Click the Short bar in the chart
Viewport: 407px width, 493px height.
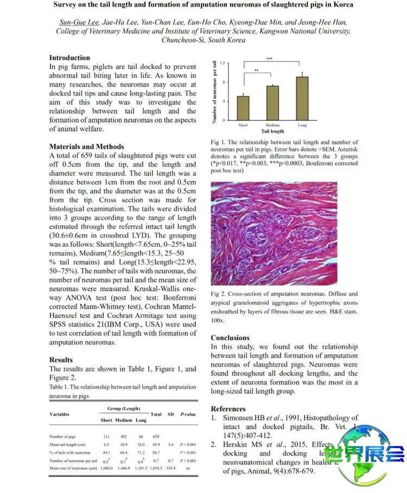[243, 108]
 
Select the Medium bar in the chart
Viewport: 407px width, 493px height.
[272, 103]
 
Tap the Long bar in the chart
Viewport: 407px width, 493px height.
[302, 98]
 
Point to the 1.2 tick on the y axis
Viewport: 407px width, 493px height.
[223, 63]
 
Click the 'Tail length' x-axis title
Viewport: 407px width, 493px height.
[272, 131]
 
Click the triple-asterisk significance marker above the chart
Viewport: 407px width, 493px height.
[269, 58]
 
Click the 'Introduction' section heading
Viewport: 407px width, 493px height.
[69, 57]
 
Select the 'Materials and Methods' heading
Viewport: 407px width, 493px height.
[86, 146]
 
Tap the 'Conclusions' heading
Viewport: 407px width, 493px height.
[230, 337]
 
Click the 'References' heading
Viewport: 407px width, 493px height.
[228, 408]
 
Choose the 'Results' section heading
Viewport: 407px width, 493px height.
[61, 360]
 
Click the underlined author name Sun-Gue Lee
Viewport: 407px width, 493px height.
[79, 23]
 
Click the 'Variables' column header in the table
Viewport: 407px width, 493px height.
[59, 414]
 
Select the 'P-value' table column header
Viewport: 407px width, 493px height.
[188, 414]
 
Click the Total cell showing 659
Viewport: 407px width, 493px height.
[156, 437]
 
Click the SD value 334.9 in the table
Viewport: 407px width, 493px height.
[171, 467]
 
